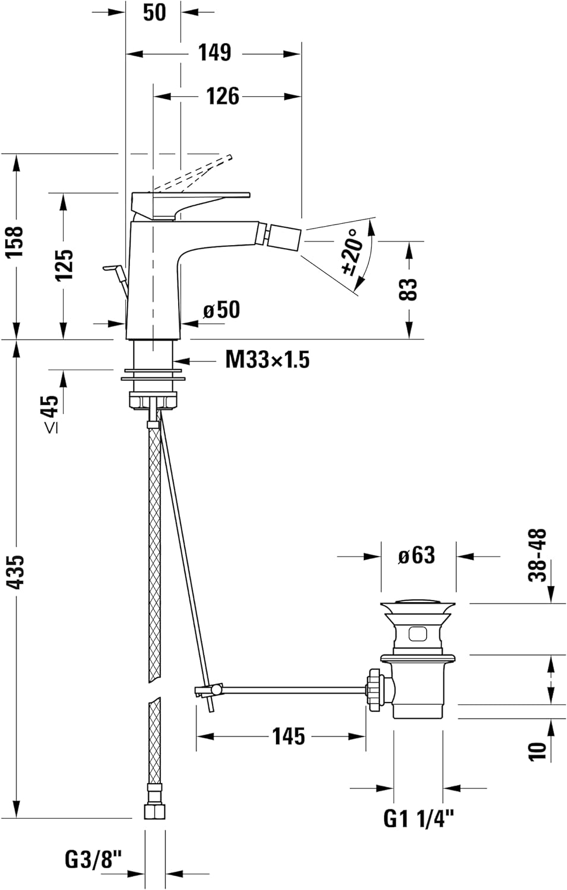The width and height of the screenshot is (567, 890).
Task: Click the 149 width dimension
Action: (x=214, y=53)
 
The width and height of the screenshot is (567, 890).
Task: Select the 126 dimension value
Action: (x=222, y=96)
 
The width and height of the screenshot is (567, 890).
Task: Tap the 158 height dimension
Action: (x=14, y=241)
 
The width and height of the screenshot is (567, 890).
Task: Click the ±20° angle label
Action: (x=353, y=252)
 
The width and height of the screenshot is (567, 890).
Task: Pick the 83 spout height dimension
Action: (x=409, y=290)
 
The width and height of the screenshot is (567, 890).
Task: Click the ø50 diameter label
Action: (x=221, y=310)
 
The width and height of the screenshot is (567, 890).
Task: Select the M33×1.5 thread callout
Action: (x=267, y=360)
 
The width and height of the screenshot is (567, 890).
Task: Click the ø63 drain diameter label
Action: (x=417, y=555)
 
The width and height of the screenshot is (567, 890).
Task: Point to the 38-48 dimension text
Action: (x=538, y=555)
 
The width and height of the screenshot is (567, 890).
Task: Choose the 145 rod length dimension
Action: (x=289, y=736)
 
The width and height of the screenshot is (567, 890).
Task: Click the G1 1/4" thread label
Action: (x=419, y=819)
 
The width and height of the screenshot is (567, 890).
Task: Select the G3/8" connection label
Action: (x=93, y=859)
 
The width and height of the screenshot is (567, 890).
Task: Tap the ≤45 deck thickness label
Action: (x=50, y=413)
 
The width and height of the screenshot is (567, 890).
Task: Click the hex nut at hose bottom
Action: (x=154, y=810)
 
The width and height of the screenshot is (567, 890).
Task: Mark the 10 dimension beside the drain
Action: (x=537, y=751)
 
